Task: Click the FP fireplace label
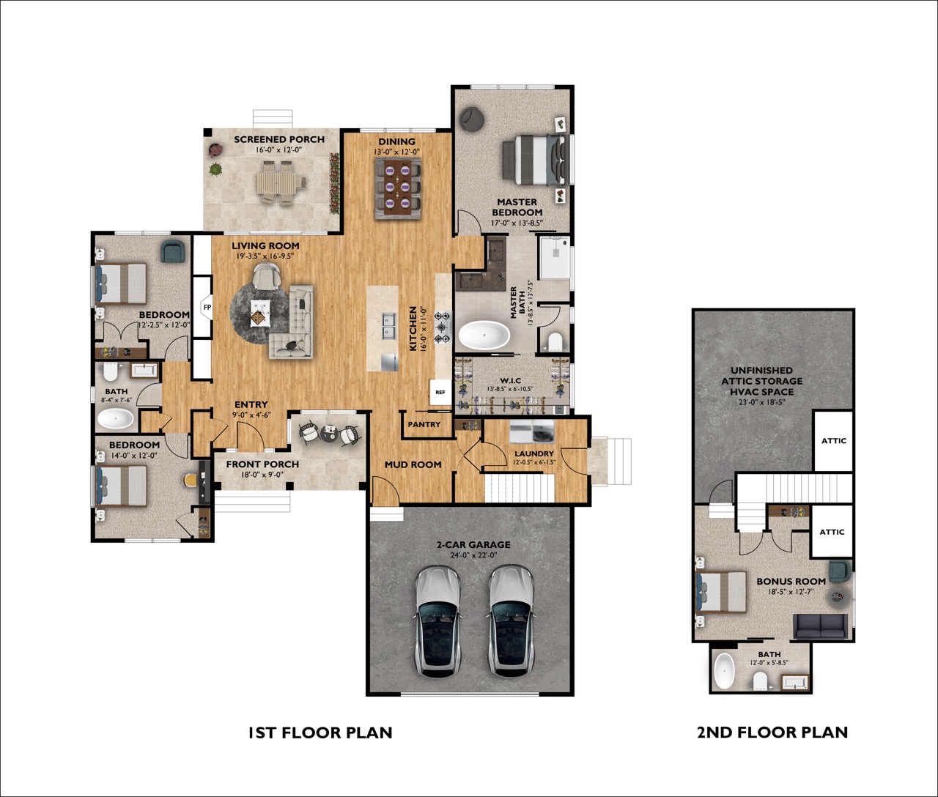click(207, 307)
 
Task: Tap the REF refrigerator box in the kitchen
click(440, 393)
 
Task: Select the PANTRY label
click(424, 425)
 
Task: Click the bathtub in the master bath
click(484, 336)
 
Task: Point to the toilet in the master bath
click(555, 341)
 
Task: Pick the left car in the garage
click(438, 620)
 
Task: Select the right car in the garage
click(511, 620)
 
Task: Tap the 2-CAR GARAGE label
click(473, 545)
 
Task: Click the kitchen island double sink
click(390, 326)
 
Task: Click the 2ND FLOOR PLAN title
click(772, 732)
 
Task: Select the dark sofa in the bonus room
click(820, 627)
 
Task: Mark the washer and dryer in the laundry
click(531, 431)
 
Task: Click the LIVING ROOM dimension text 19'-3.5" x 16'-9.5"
click(265, 256)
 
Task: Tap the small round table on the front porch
click(328, 433)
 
